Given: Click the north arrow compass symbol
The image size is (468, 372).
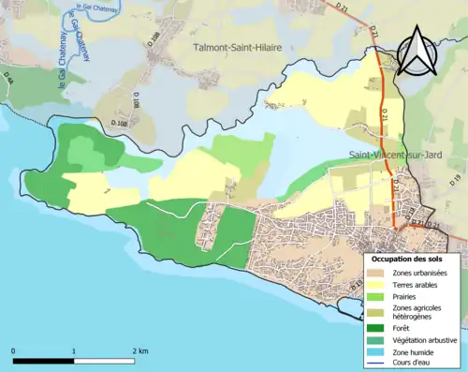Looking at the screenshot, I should [x=418, y=52].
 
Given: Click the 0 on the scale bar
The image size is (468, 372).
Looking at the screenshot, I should [x=13, y=350].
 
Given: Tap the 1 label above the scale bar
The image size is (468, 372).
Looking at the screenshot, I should [x=74, y=350].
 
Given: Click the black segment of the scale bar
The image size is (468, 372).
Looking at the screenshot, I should [x=43, y=361].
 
